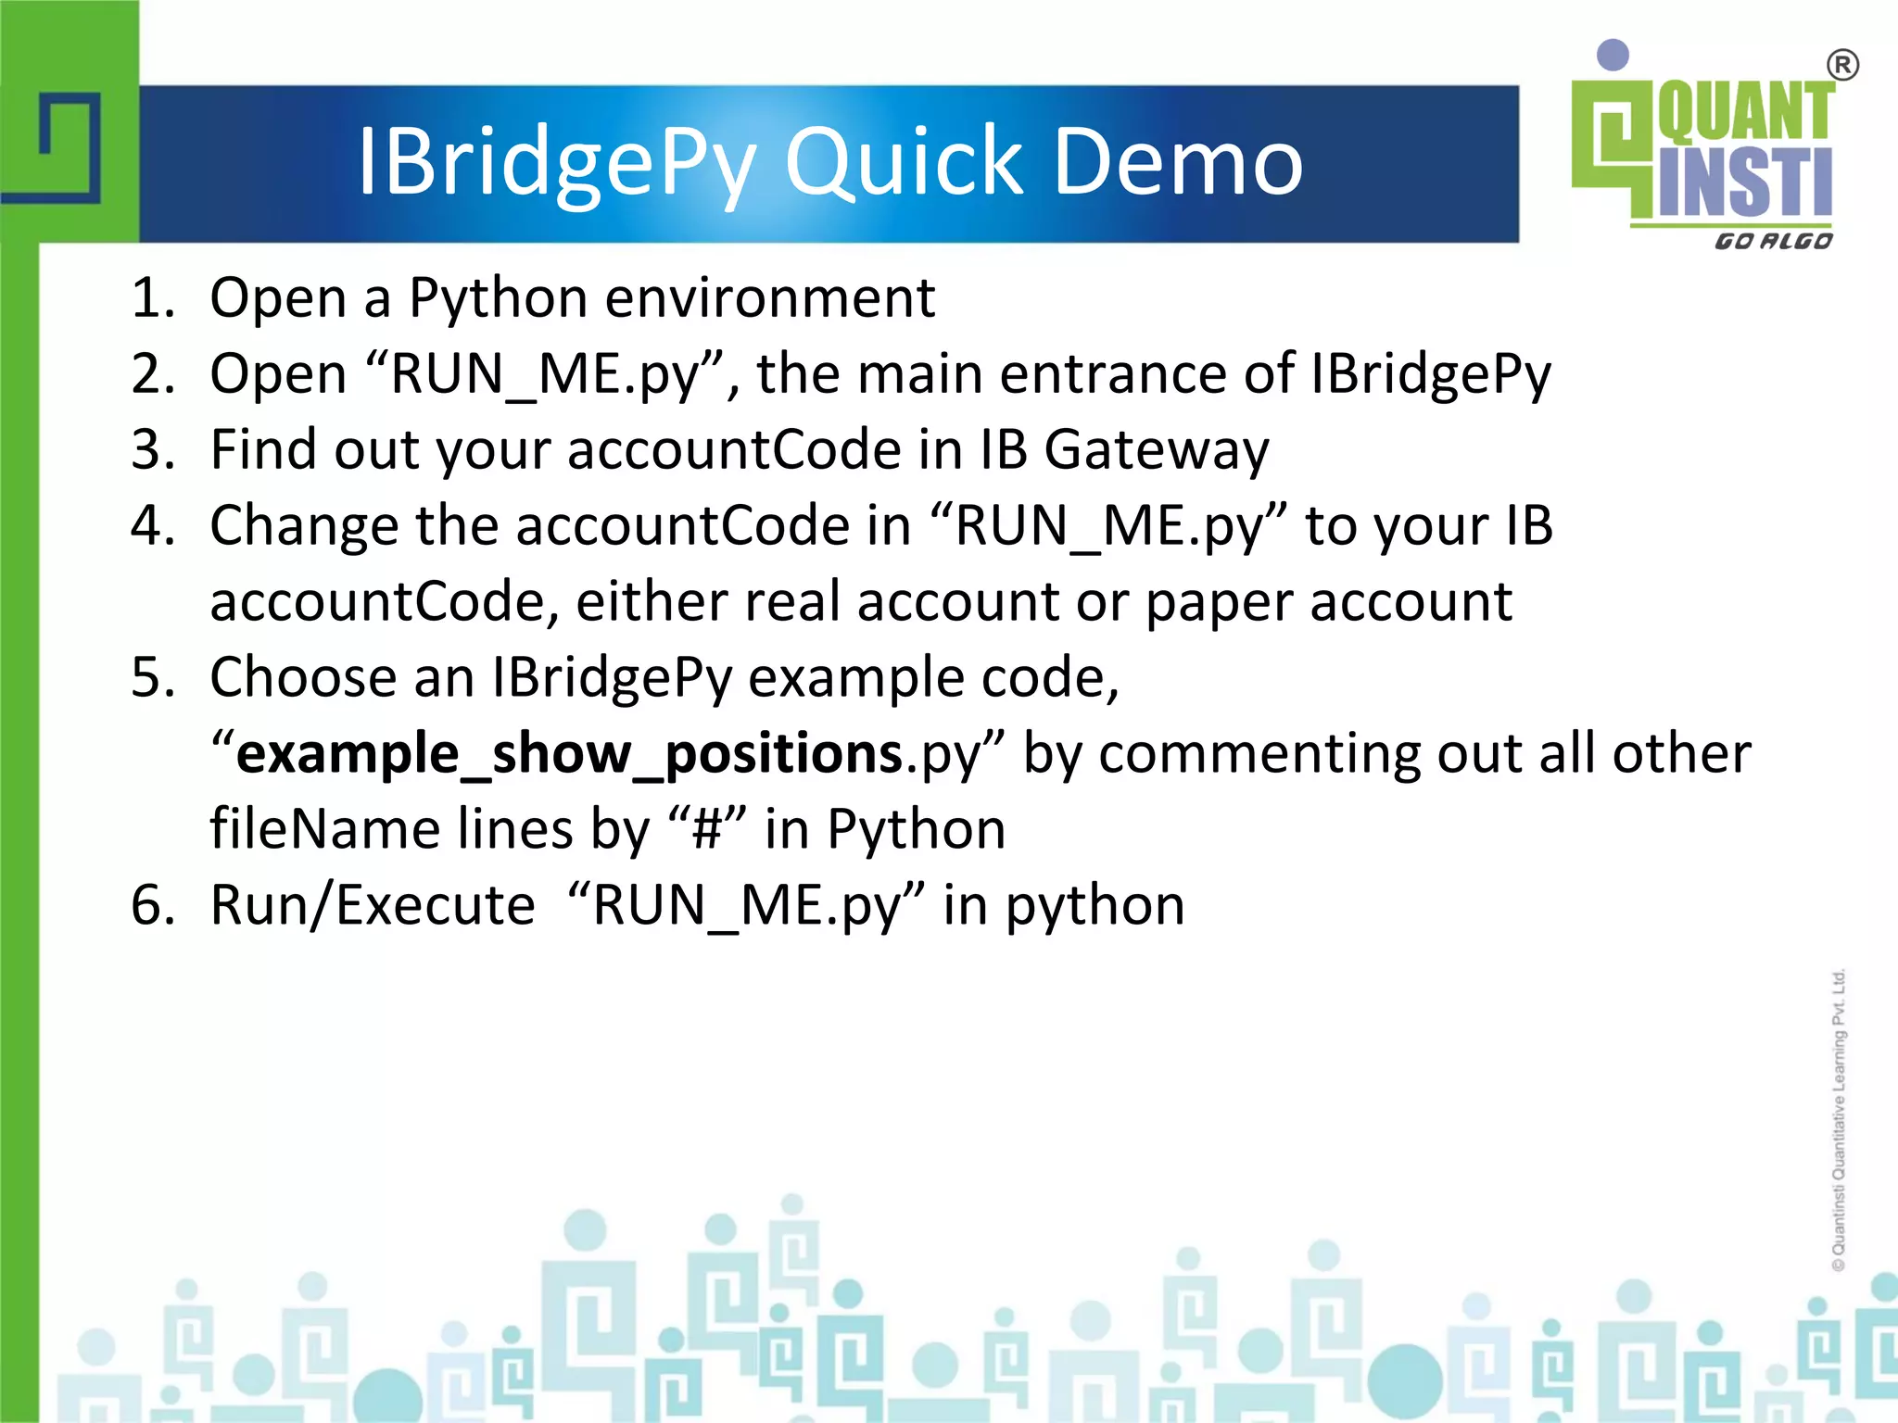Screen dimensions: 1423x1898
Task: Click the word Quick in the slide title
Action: point(904,163)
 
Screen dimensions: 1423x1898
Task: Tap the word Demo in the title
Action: point(1178,163)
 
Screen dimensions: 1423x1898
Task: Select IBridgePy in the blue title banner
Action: point(556,163)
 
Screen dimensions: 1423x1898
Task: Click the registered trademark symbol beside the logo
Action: point(1842,66)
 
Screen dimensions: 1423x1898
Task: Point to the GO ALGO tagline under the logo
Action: point(1773,242)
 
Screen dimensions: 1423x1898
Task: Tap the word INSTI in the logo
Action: point(1744,183)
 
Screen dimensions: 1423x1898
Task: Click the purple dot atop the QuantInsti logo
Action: point(1613,55)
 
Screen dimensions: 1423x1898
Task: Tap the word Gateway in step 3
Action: point(1156,451)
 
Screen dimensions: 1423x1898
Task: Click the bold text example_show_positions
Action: point(569,753)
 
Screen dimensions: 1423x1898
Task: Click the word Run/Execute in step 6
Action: point(373,905)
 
